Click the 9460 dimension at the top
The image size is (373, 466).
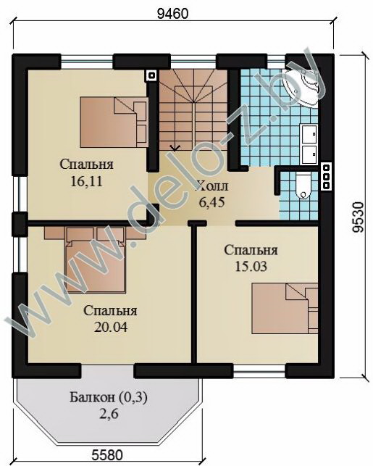tap(172, 14)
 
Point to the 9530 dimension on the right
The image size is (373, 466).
tap(359, 217)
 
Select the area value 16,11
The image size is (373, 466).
tap(86, 181)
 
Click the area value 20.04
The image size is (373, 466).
tap(111, 327)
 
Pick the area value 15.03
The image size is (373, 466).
tap(251, 266)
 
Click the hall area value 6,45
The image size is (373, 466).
tap(211, 203)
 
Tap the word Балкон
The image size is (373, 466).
tap(93, 397)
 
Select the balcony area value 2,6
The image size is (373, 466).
tap(109, 413)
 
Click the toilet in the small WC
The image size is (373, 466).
tap(303, 186)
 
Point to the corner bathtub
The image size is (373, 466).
tap(303, 86)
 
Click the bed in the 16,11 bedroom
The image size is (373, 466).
tap(114, 122)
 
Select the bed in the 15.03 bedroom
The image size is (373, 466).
tap(285, 308)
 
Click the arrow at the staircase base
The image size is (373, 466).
tap(174, 147)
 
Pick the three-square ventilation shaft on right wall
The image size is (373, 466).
tap(327, 177)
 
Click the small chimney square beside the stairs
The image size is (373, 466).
tap(151, 76)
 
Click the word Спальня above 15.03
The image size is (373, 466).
tap(251, 250)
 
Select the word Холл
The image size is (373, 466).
tap(211, 186)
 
